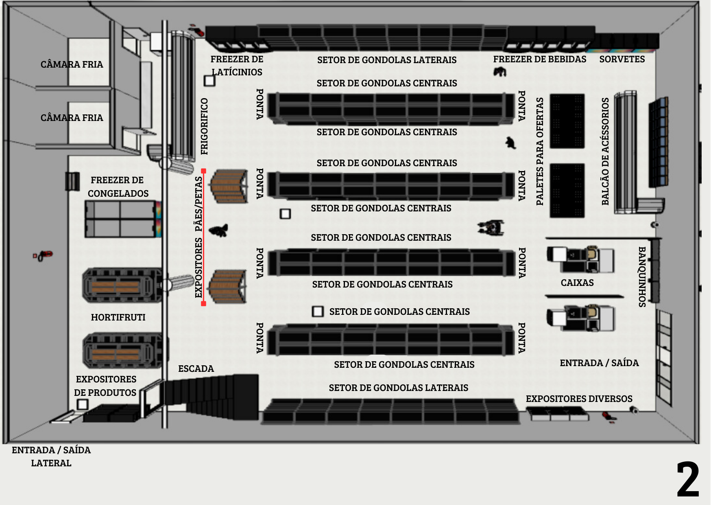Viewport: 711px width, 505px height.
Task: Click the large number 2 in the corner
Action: tap(688, 479)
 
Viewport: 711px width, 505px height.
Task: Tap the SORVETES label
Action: tap(622, 59)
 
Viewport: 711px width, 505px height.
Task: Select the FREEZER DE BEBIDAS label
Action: tap(540, 59)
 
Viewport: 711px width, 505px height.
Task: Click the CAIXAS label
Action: tap(577, 283)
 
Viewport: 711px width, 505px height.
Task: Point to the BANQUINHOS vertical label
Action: tap(642, 277)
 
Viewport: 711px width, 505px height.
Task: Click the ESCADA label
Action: tap(196, 369)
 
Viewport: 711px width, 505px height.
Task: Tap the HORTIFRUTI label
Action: tap(118, 317)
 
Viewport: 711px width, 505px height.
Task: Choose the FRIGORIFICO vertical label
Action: tap(204, 126)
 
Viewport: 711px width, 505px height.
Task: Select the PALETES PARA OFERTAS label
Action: tap(540, 151)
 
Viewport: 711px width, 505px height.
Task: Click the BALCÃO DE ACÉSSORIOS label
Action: tap(605, 151)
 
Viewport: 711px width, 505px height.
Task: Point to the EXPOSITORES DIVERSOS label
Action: tap(579, 399)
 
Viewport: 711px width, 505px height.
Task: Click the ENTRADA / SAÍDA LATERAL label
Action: tap(51, 457)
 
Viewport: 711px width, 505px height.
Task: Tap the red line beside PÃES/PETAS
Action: tap(203, 237)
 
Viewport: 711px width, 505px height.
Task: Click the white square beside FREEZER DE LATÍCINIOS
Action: tap(209, 81)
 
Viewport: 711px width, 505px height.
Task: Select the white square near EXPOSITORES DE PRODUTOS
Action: tap(83, 404)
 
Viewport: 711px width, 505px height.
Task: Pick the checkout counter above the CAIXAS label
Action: tap(580, 259)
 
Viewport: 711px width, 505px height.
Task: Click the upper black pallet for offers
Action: tap(567, 121)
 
